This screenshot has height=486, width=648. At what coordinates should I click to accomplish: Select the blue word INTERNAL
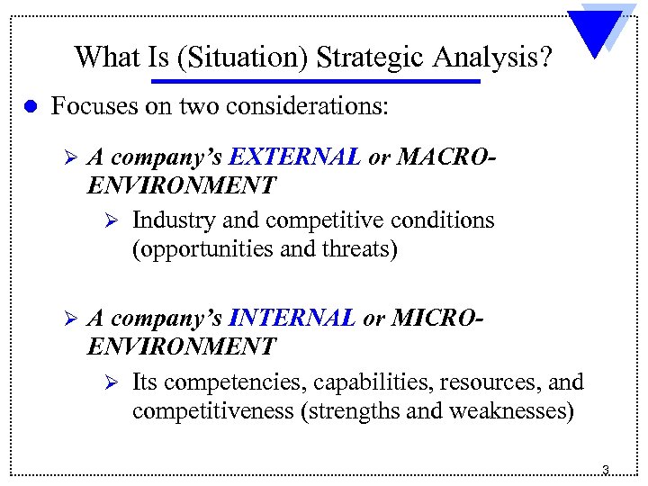(x=292, y=319)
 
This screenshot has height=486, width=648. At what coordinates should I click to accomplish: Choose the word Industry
(x=169, y=220)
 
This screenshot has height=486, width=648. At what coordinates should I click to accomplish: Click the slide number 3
(x=605, y=470)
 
